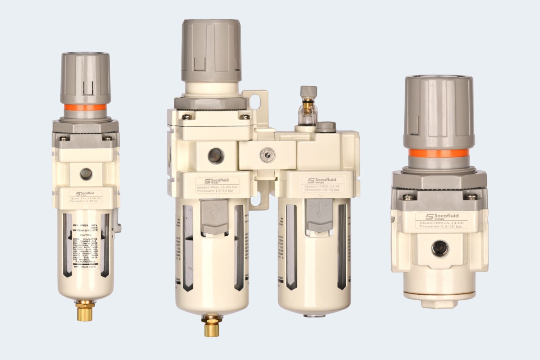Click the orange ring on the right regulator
[438, 154]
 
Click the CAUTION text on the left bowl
[86, 235]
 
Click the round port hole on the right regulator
[439, 248]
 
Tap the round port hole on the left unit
[86, 174]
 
